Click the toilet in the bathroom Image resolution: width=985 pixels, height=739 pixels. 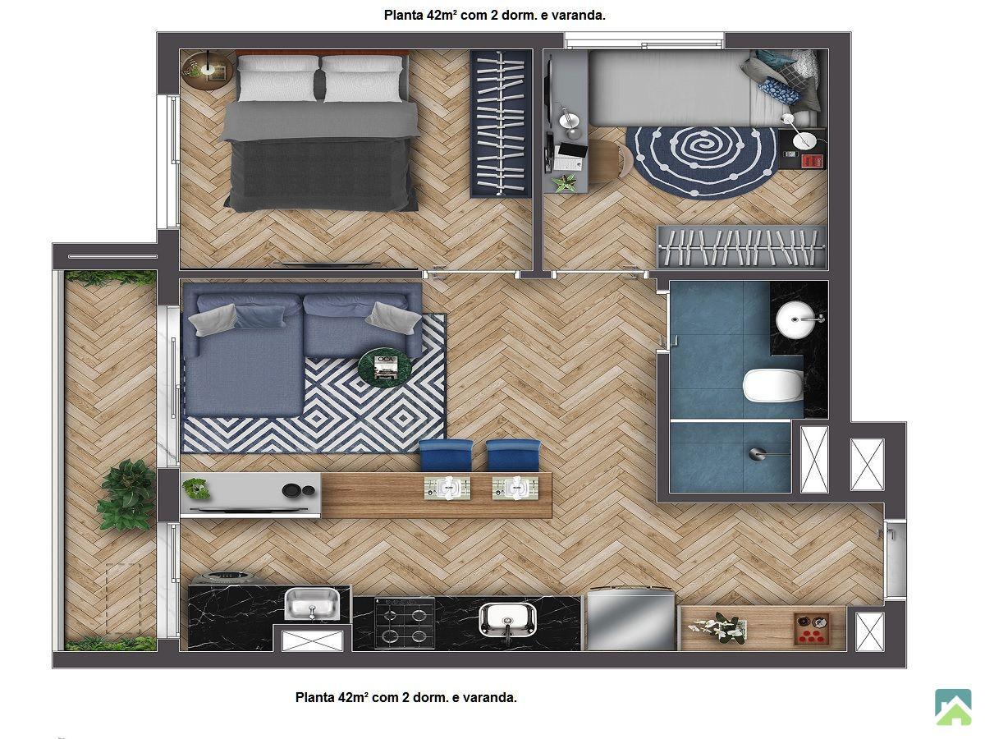coord(772,385)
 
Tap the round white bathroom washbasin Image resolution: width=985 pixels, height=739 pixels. coord(795,319)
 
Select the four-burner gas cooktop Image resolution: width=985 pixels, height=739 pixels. coord(405,622)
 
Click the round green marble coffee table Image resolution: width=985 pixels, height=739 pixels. coord(385,368)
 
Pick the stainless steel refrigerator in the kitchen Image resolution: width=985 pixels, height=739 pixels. coord(631,620)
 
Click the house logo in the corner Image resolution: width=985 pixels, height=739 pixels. coord(953,707)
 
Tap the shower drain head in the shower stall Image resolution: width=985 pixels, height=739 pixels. coord(757,453)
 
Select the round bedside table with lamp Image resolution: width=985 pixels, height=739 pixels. coord(207,71)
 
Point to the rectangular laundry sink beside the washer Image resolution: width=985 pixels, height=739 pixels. coord(313,604)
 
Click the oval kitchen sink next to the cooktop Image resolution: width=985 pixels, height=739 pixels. coord(507,619)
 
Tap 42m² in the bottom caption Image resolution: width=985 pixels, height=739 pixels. coord(353,697)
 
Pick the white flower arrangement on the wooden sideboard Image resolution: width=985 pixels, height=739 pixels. coord(717,627)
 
